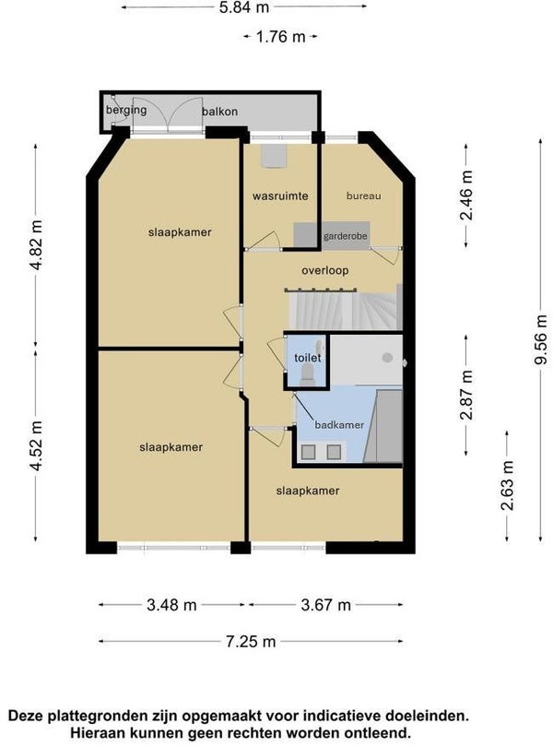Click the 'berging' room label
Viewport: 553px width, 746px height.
click(126, 110)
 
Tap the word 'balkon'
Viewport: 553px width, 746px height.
click(219, 112)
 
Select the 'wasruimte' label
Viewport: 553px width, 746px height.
click(280, 195)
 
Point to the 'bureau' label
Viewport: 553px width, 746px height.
click(363, 195)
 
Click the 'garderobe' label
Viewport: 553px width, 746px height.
click(346, 236)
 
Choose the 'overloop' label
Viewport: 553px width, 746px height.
click(325, 270)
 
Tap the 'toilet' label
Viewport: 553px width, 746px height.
click(307, 357)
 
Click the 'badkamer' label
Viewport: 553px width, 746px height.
click(339, 425)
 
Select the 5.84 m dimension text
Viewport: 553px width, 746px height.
click(244, 7)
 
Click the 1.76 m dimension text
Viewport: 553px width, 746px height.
click(280, 37)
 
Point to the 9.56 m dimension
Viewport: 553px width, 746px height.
click(541, 339)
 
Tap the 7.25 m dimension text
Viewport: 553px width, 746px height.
click(251, 642)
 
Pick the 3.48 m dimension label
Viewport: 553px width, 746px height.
click(171, 605)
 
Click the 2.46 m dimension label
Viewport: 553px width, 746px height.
click(466, 195)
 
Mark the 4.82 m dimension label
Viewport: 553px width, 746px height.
click(36, 244)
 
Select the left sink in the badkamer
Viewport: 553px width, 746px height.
click(309, 452)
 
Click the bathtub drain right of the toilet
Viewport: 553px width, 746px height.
click(387, 357)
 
